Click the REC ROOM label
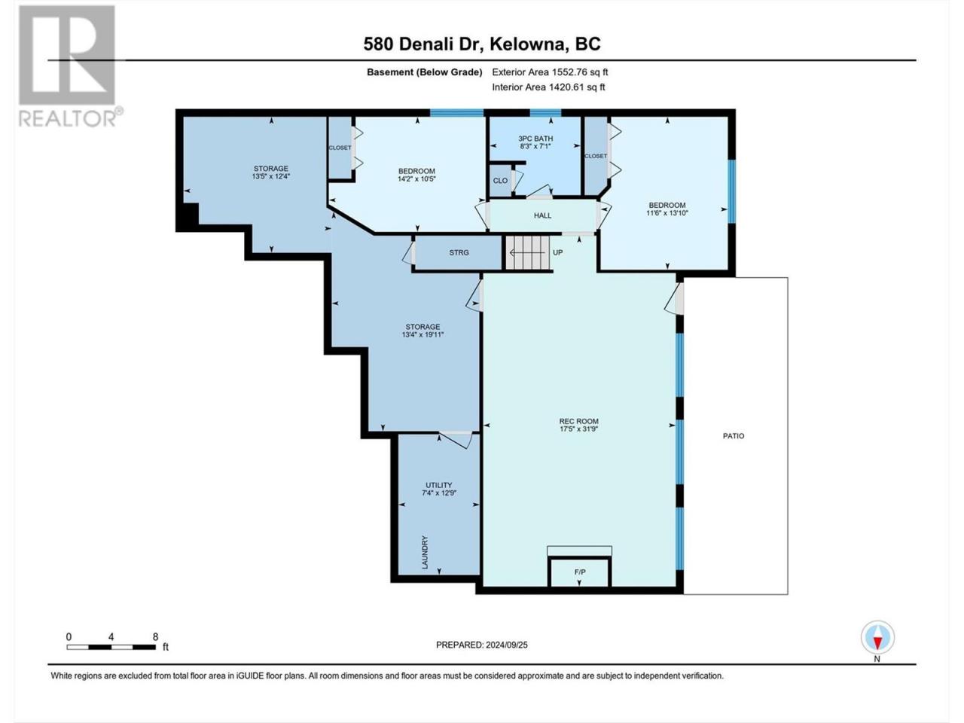(x=579, y=422)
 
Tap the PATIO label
(x=734, y=436)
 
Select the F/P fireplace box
(x=579, y=572)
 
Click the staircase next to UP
(x=527, y=253)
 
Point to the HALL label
(x=542, y=215)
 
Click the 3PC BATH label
(x=535, y=139)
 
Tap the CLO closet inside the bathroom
(x=501, y=181)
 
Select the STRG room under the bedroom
(x=459, y=253)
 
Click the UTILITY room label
(x=439, y=485)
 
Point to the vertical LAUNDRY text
(x=425, y=552)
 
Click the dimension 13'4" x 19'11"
(x=423, y=334)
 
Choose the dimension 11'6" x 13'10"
(x=667, y=213)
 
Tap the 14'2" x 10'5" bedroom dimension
(x=416, y=178)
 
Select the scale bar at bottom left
(x=111, y=647)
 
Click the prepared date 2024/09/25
(x=506, y=645)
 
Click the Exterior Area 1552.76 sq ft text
(x=550, y=72)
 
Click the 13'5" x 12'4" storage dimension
(x=271, y=176)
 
